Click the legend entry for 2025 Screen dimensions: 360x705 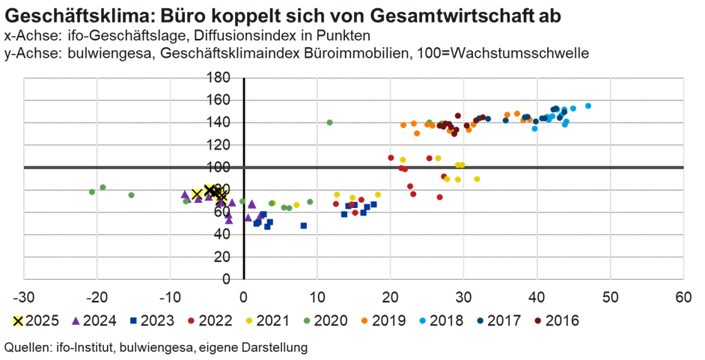(34, 321)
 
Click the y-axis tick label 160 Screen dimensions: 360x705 (220, 99)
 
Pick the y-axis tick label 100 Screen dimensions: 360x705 (220, 167)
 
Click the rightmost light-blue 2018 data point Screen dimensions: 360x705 (588, 106)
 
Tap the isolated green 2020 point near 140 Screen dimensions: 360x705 (329, 122)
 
